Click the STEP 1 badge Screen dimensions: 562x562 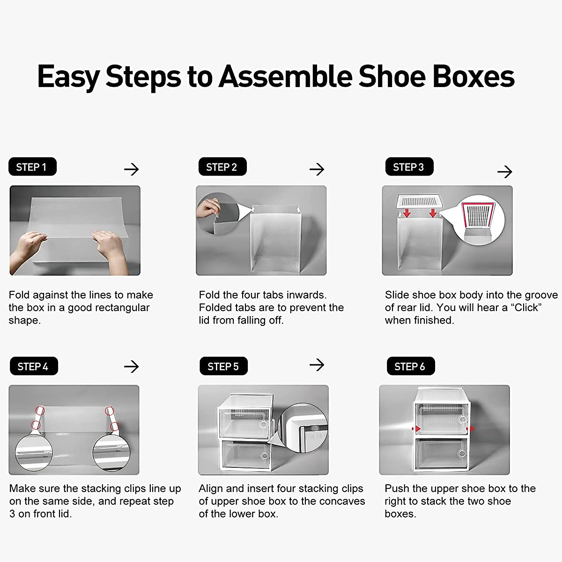pyautogui.click(x=32, y=167)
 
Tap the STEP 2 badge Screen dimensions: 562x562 pyautogui.click(x=222, y=167)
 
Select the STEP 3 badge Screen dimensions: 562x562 pyautogui.click(x=409, y=167)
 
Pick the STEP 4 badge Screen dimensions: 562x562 pyautogui.click(x=33, y=367)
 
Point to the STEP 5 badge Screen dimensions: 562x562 pyautogui.click(x=223, y=367)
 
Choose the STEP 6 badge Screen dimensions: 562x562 pyautogui.click(x=410, y=367)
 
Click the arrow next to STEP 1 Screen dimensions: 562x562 pyautogui.click(x=132, y=169)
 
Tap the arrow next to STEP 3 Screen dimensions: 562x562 pyautogui.click(x=504, y=172)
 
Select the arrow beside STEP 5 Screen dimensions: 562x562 pyautogui.click(x=317, y=365)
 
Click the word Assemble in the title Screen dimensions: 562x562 pyautogui.click(x=286, y=76)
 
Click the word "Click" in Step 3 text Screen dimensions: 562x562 pyautogui.click(x=526, y=308)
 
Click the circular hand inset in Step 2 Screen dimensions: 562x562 pyautogui.click(x=217, y=215)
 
